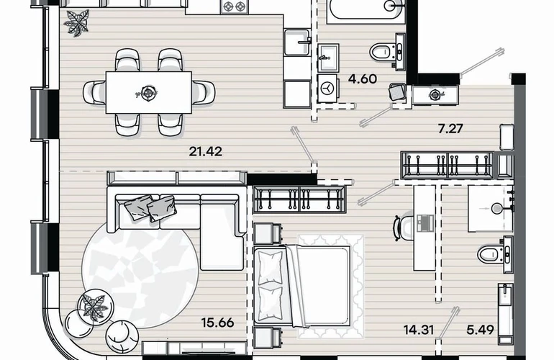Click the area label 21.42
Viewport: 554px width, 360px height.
[x=206, y=152]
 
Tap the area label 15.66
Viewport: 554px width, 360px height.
[x=217, y=323]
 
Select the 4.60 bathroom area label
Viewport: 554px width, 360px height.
[x=363, y=78]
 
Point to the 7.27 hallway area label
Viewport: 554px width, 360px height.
[x=450, y=128]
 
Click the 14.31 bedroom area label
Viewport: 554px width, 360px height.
[x=419, y=330]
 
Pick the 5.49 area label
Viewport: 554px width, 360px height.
[x=480, y=330]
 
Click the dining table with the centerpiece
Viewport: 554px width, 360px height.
[x=149, y=93]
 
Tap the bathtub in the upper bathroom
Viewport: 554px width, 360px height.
[x=366, y=12]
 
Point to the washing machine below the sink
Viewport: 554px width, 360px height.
[x=328, y=88]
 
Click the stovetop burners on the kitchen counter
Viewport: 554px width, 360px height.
[x=233, y=6]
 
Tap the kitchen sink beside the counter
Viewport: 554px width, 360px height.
[x=297, y=42]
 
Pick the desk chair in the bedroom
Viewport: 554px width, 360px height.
[x=403, y=228]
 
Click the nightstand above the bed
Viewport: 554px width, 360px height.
[x=268, y=234]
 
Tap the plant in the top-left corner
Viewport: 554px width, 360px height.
[x=76, y=23]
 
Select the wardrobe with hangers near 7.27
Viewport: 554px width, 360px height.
[x=448, y=165]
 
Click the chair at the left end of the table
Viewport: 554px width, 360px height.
[x=94, y=93]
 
